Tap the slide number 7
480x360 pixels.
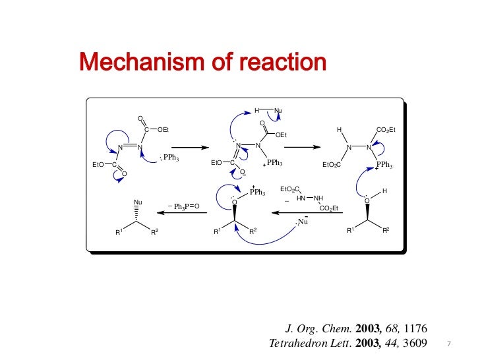click(x=448, y=344)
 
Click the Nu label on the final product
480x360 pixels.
click(x=138, y=202)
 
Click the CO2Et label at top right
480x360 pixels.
click(x=385, y=130)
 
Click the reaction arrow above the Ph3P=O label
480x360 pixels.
click(x=180, y=212)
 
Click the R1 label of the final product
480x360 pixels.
click(x=119, y=232)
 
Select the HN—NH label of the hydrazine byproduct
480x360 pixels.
click(x=310, y=198)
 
